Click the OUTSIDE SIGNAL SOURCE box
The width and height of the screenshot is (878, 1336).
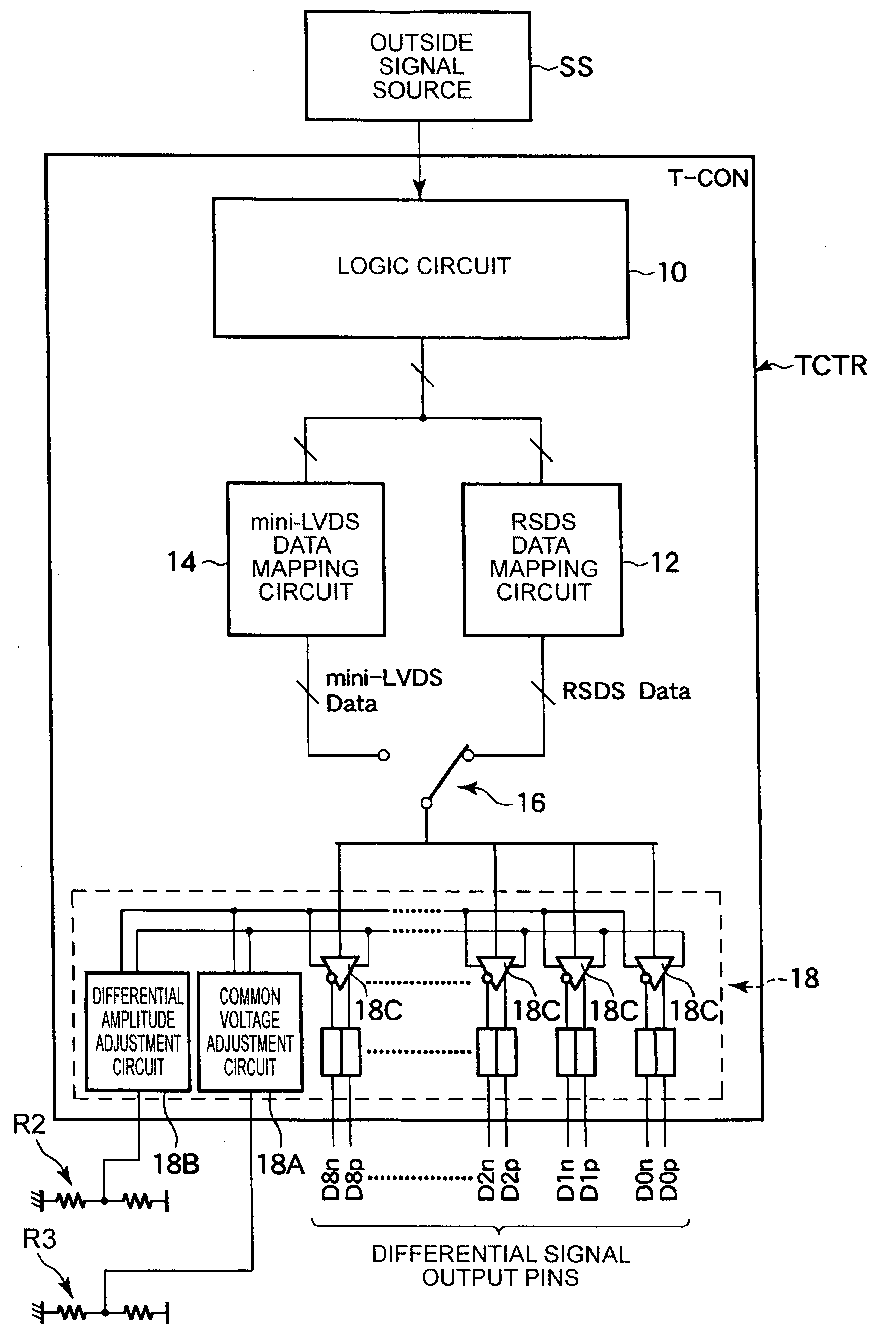click(x=418, y=66)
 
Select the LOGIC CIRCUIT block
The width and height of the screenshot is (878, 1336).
click(x=421, y=268)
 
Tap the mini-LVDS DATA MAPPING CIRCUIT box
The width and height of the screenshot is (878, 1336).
click(x=306, y=559)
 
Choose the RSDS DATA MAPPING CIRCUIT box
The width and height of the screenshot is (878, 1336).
click(x=542, y=560)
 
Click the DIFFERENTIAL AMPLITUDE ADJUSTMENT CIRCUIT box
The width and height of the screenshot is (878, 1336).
click(x=138, y=1032)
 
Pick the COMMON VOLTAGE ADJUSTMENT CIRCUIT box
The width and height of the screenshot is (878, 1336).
click(x=250, y=1032)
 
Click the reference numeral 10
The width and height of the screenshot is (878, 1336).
click(x=672, y=272)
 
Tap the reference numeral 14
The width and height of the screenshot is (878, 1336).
click(x=182, y=562)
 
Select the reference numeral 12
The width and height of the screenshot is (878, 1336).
click(x=665, y=563)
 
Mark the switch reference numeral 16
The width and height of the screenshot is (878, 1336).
click(x=531, y=803)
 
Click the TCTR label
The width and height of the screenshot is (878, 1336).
click(x=832, y=365)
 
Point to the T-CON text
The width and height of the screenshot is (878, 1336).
click(x=709, y=178)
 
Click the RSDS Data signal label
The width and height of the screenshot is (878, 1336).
click(x=626, y=691)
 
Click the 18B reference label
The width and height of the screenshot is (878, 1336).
click(x=176, y=1164)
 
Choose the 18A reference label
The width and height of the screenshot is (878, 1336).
click(x=281, y=1164)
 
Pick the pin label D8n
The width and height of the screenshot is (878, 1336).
click(x=331, y=1179)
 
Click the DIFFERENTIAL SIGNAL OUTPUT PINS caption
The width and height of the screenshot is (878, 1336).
click(x=501, y=1266)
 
